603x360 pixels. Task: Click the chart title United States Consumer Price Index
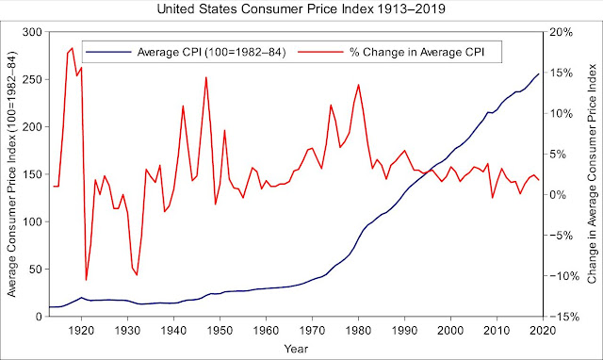point(301,10)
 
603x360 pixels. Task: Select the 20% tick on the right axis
point(562,32)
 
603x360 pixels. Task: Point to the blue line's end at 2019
point(538,74)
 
